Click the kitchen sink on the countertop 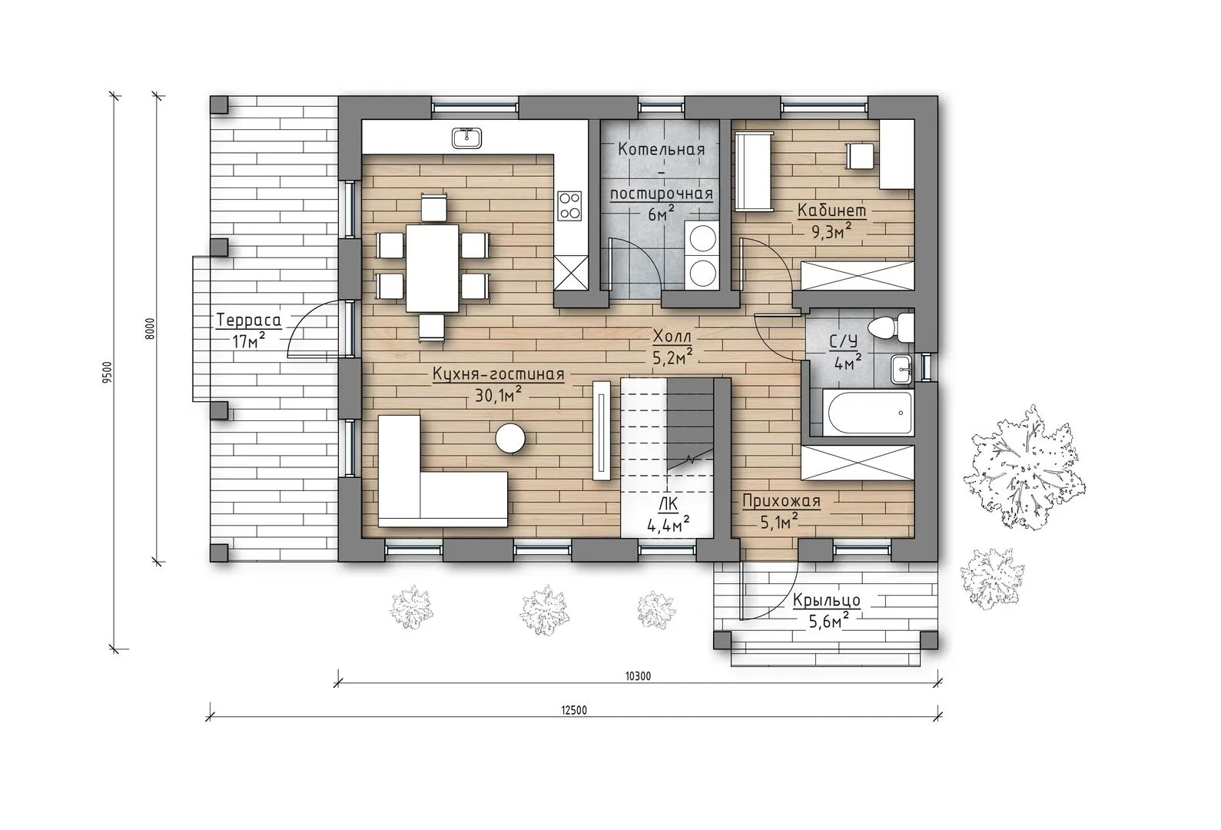click(x=466, y=138)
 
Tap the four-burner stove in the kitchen click(x=569, y=206)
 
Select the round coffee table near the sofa click(x=510, y=439)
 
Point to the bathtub click(x=869, y=414)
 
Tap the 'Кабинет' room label click(x=831, y=211)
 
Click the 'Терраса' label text click(x=248, y=320)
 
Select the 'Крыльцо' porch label click(x=826, y=600)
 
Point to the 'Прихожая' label click(x=781, y=500)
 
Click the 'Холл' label click(x=672, y=337)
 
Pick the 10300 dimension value click(x=638, y=676)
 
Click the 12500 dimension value click(x=574, y=710)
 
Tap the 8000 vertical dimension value click(x=151, y=328)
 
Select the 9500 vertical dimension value click(x=107, y=372)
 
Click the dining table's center click(x=433, y=267)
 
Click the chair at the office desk click(x=860, y=156)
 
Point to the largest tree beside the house click(x=1024, y=468)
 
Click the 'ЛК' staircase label click(x=669, y=504)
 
